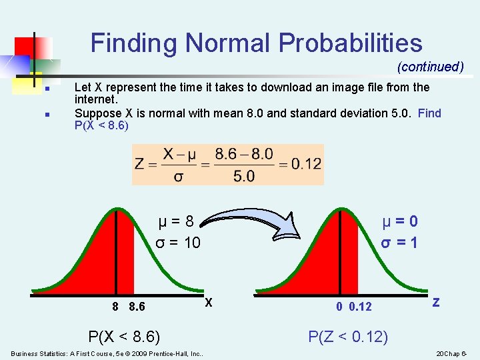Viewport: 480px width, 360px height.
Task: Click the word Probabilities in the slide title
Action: point(351,43)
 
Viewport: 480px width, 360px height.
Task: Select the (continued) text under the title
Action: point(430,67)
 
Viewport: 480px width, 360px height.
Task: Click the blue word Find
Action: point(429,113)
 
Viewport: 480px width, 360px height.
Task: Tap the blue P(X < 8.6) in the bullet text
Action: point(101,125)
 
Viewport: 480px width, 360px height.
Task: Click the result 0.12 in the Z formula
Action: point(306,163)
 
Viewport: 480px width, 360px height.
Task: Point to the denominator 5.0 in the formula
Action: point(244,176)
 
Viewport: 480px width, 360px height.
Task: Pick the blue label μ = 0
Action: point(400,221)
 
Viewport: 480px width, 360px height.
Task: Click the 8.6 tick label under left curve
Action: point(138,306)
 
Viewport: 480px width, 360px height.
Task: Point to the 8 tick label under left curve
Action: point(115,306)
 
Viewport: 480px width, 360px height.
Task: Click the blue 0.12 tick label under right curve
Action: point(361,306)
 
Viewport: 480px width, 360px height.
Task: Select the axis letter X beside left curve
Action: point(209,302)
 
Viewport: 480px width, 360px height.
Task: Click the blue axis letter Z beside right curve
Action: point(436,302)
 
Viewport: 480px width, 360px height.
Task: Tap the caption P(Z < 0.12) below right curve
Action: point(347,337)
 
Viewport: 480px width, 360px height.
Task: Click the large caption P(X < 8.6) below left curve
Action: point(124,337)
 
